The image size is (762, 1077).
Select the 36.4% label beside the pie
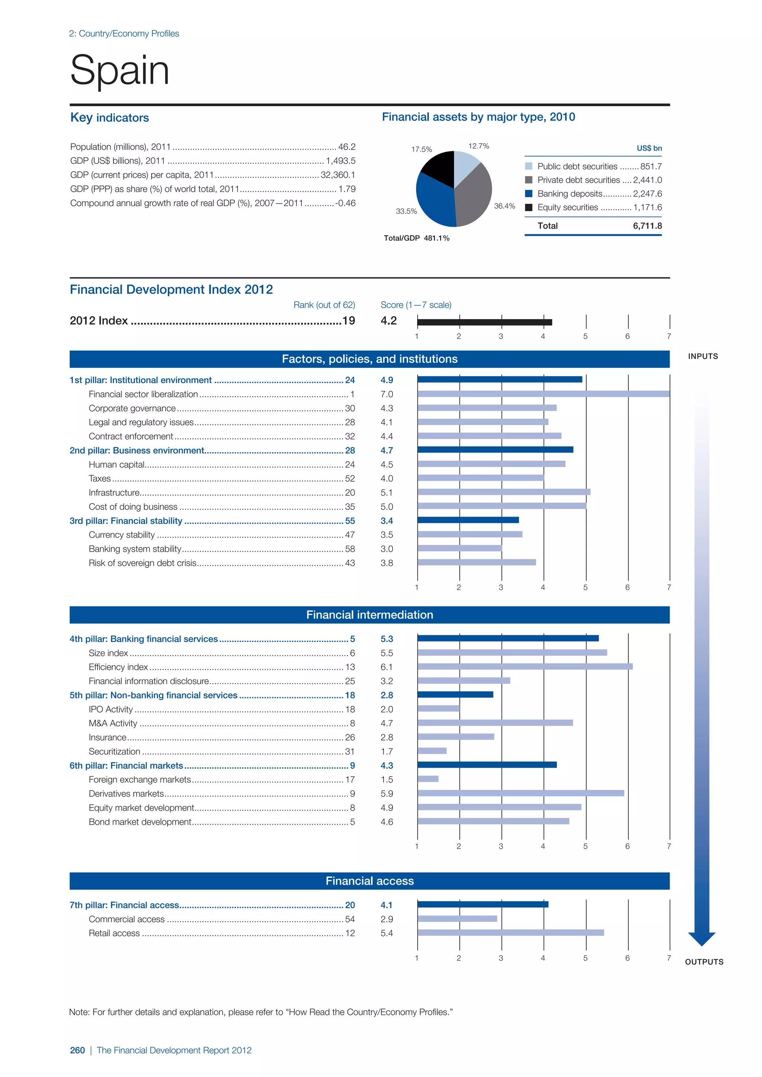tap(505, 206)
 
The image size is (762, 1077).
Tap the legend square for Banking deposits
tap(529, 194)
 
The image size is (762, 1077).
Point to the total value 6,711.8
tap(647, 226)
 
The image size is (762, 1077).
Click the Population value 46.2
tap(347, 147)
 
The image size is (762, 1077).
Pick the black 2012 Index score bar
tap(484, 322)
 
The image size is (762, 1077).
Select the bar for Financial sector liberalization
tap(543, 394)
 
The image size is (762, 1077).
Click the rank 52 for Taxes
tap(350, 479)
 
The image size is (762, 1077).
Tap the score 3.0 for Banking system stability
tap(387, 549)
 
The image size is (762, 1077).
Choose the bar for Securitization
tap(432, 751)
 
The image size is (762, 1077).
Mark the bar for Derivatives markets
tap(521, 793)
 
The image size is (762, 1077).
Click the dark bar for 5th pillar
tap(455, 695)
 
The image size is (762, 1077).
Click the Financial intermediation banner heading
tap(370, 615)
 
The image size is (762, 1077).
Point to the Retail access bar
tap(510, 933)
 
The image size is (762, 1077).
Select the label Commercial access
tap(127, 919)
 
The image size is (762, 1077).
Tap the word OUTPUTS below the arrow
tap(704, 962)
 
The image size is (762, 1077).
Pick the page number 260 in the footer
tap(77, 1050)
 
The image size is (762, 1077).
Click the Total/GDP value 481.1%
tap(436, 238)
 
